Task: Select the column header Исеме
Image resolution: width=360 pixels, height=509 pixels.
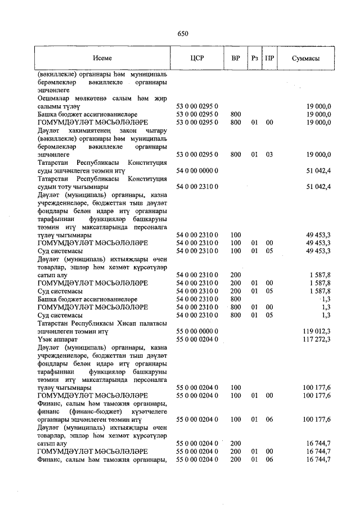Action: pyautogui.click(x=102, y=58)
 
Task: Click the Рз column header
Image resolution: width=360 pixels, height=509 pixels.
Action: pyautogui.click(x=255, y=58)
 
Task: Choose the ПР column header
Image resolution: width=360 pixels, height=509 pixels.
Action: pyautogui.click(x=270, y=58)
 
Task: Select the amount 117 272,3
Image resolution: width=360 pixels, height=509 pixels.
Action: pyautogui.click(x=317, y=340)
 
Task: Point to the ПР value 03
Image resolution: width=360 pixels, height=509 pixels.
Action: pyautogui.click(x=270, y=154)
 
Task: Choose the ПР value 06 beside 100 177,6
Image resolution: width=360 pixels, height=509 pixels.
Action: pyautogui.click(x=270, y=419)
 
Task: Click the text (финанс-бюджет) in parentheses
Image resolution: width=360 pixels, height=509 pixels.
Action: pyautogui.click(x=88, y=411)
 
